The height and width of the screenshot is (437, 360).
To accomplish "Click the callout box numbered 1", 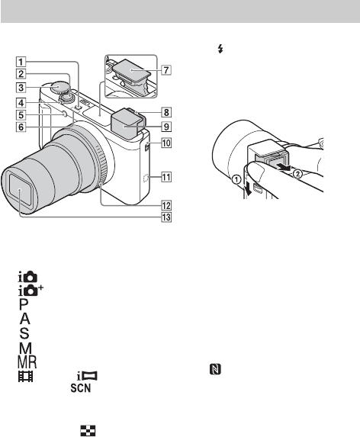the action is pyautogui.click(x=21, y=61).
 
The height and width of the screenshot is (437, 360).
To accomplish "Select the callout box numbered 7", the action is pyautogui.click(x=166, y=69).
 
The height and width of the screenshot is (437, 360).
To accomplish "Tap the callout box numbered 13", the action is pyautogui.click(x=166, y=217).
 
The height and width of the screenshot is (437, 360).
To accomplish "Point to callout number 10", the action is pyautogui.click(x=166, y=143).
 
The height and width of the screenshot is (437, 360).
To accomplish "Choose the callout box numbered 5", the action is pyautogui.click(x=21, y=115).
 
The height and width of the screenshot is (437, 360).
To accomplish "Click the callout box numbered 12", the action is pyautogui.click(x=166, y=205).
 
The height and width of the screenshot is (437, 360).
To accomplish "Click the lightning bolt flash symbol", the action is pyautogui.click(x=220, y=50).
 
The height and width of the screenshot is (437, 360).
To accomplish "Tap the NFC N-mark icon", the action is pyautogui.click(x=215, y=369).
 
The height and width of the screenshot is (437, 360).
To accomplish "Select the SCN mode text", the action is pyautogui.click(x=81, y=388).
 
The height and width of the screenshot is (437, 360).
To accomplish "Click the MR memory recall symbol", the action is pyautogui.click(x=27, y=362).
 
